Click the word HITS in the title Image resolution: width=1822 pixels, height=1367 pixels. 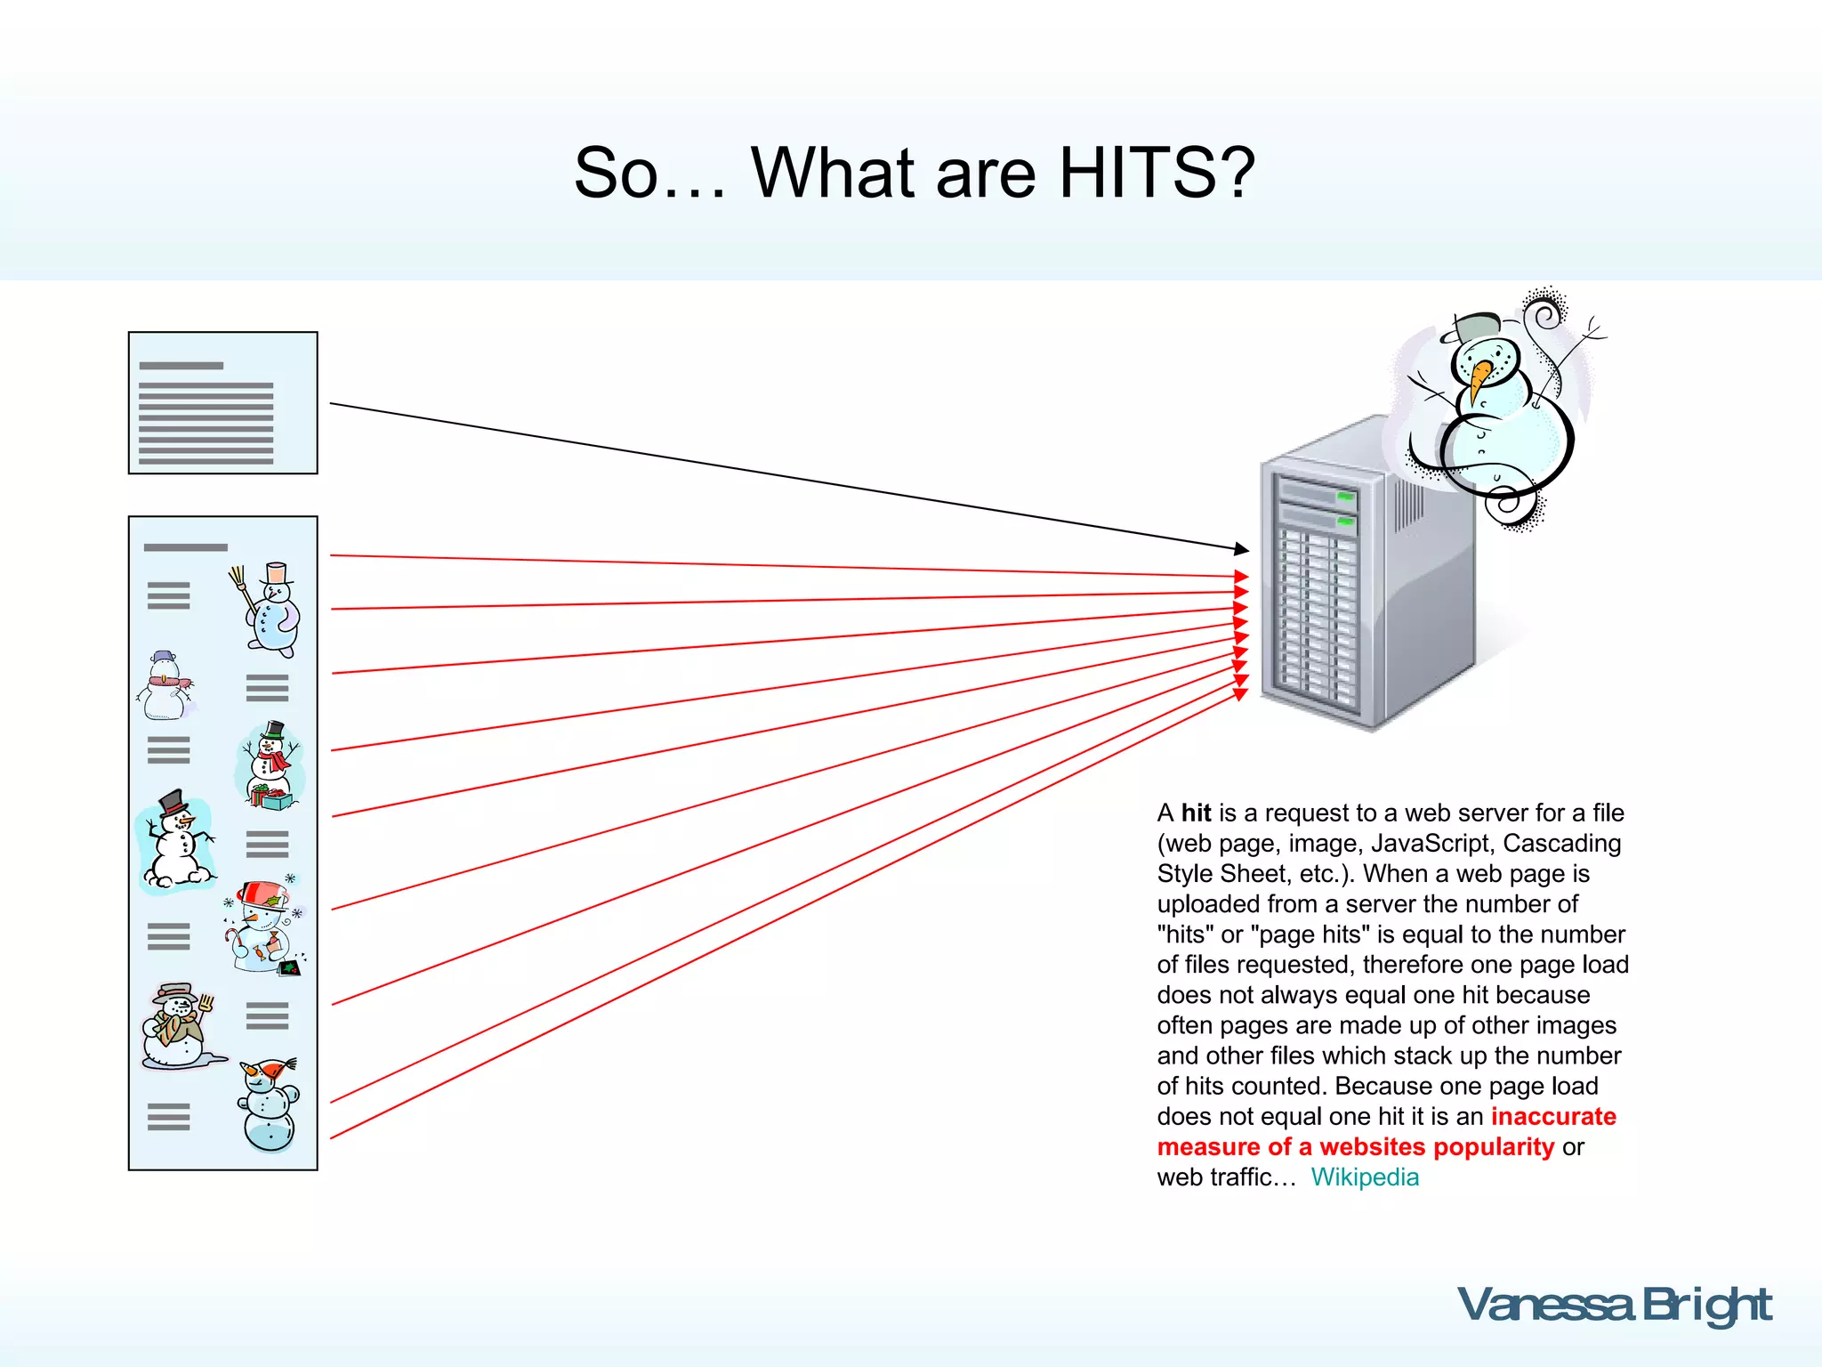coord(1157,173)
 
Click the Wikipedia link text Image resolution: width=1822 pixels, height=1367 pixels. coord(1365,1177)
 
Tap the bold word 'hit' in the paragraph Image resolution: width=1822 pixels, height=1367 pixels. coord(1196,813)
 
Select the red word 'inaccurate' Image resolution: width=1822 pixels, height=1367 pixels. coord(1553,1116)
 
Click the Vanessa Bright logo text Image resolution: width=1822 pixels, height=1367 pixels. coord(1614,1306)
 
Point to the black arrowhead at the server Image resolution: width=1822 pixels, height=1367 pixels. coord(1241,549)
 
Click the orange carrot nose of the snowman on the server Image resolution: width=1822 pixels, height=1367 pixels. coord(1479,377)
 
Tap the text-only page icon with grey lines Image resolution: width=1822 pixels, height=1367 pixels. coord(222,403)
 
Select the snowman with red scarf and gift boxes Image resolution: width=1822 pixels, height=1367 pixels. coord(270,765)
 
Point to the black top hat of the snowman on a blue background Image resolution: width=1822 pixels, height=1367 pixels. coord(173,801)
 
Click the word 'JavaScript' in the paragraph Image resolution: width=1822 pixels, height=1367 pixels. coord(1430,843)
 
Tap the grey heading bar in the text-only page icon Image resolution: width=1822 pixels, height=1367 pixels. coord(181,366)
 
